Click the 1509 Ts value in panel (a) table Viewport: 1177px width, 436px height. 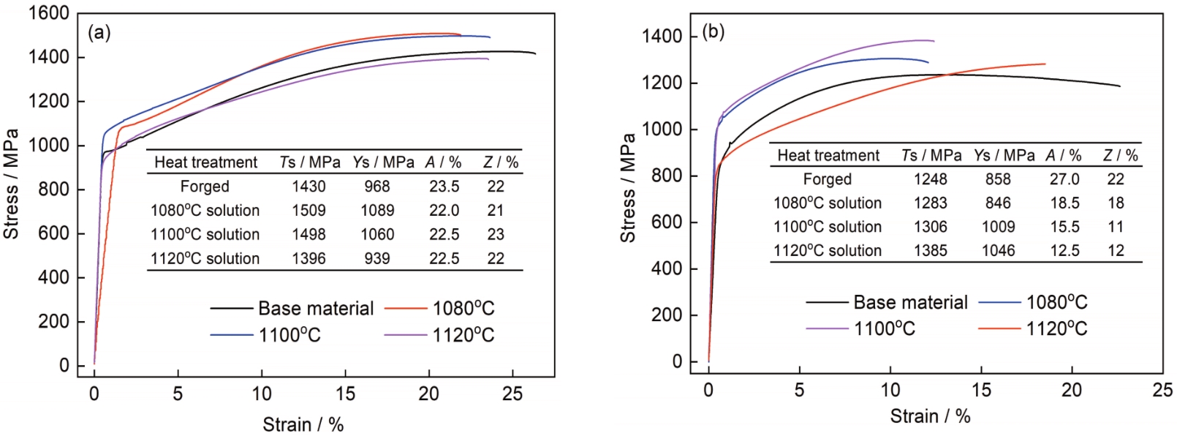[x=309, y=211]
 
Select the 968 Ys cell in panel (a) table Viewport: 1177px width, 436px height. [x=377, y=187]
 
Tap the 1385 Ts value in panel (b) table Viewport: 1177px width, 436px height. [x=930, y=251]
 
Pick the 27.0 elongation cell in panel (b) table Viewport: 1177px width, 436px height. [x=1064, y=179]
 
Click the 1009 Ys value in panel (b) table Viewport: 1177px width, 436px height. [x=998, y=227]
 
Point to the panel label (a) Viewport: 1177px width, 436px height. [x=99, y=33]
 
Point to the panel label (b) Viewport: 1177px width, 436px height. [x=713, y=31]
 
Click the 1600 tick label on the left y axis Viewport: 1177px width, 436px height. [x=49, y=13]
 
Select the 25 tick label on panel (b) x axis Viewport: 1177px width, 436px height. [x=1162, y=390]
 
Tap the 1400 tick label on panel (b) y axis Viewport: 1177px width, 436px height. [x=662, y=37]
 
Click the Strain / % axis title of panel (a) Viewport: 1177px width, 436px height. [x=303, y=424]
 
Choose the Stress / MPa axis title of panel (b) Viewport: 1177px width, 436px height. [x=628, y=188]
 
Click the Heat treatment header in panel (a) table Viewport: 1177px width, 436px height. [x=205, y=162]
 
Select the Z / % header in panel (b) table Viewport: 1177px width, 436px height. [x=1120, y=155]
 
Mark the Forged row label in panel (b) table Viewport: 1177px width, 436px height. [x=827, y=179]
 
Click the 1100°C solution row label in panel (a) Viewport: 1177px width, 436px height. [x=205, y=235]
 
